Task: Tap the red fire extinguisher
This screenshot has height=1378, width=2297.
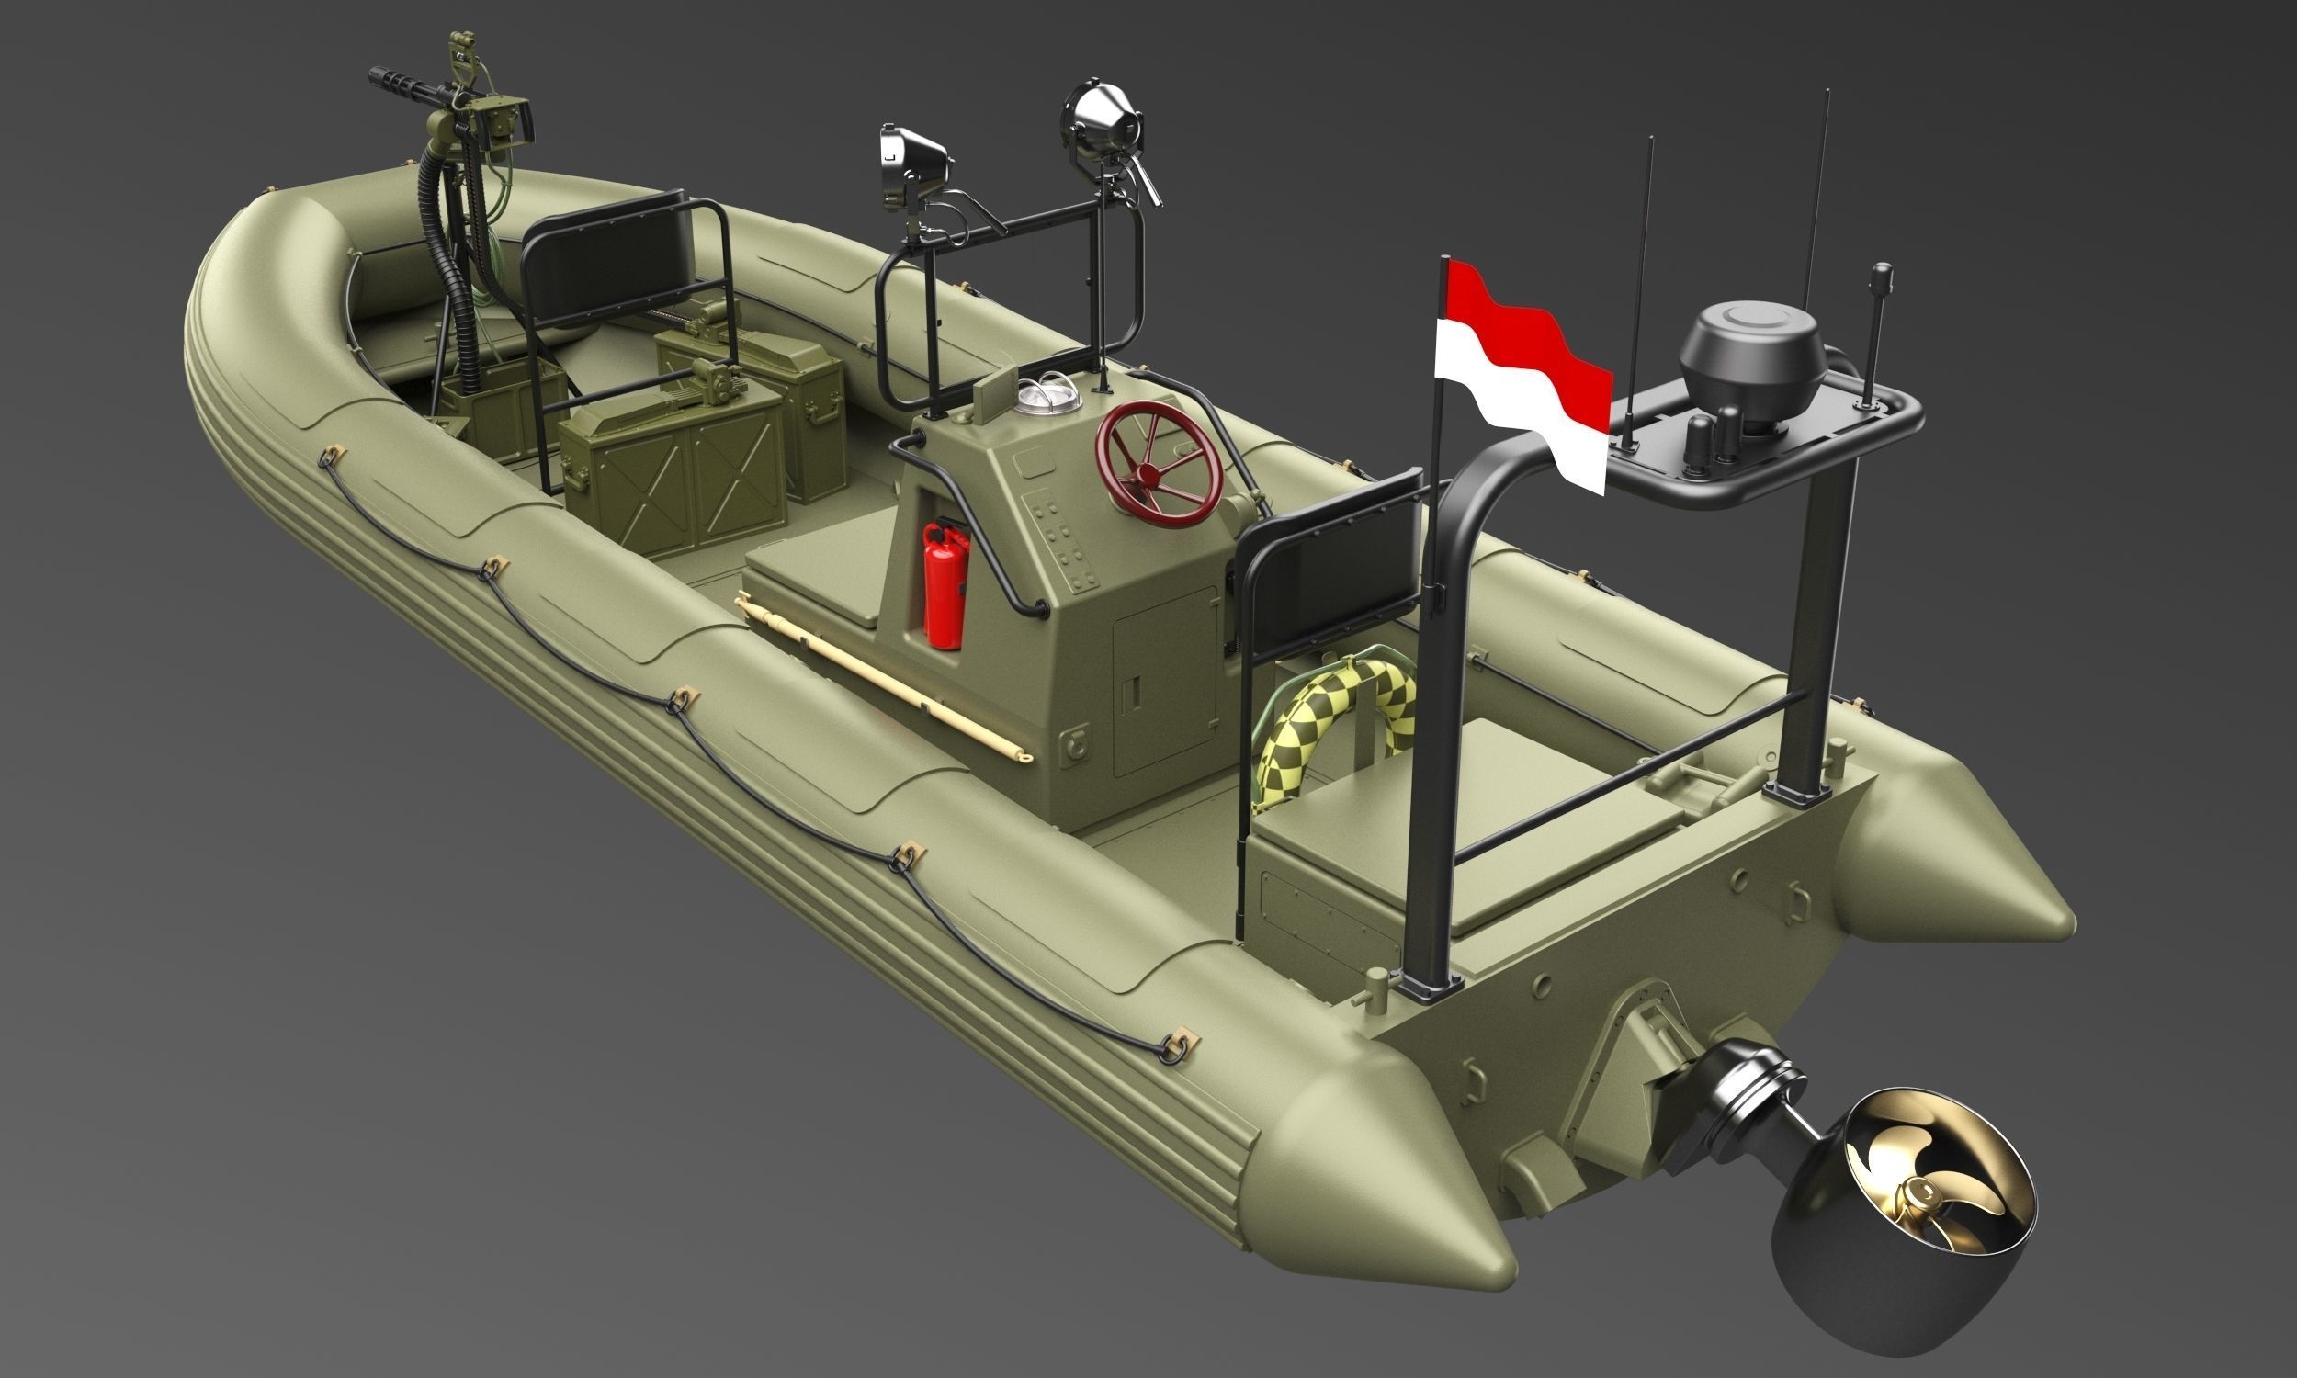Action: (x=945, y=584)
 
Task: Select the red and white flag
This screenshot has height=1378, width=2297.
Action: (x=1522, y=380)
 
